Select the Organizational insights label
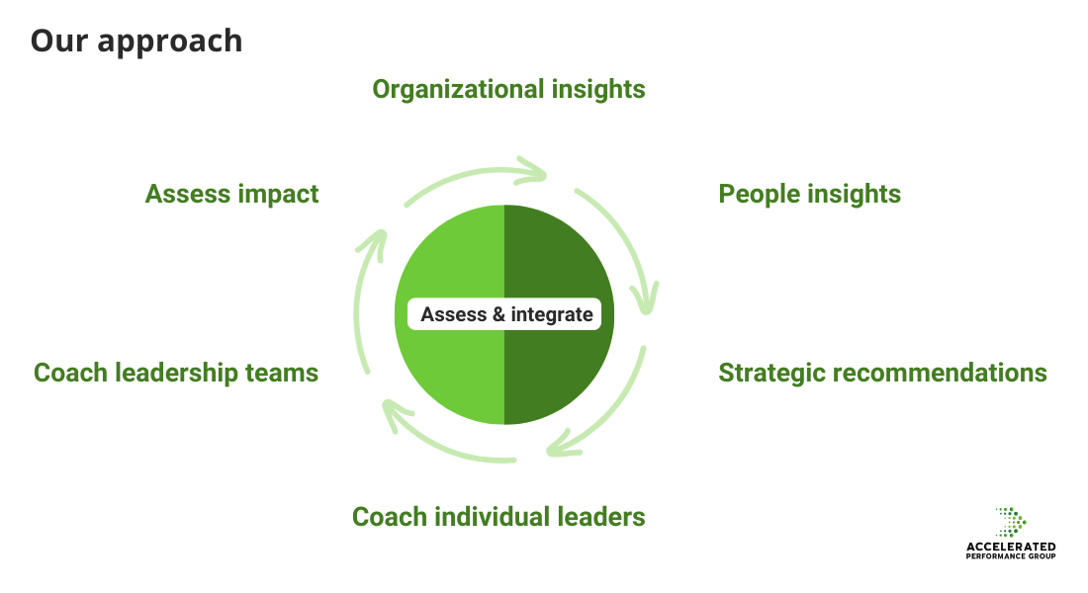click(508, 89)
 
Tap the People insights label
click(809, 194)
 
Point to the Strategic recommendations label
click(882, 373)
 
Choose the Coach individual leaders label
click(499, 516)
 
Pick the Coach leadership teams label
click(176, 373)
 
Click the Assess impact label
click(231, 194)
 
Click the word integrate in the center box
click(552, 315)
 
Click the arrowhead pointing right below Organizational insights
click(535, 172)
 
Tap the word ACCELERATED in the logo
click(1010, 547)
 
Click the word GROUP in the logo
click(1040, 556)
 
